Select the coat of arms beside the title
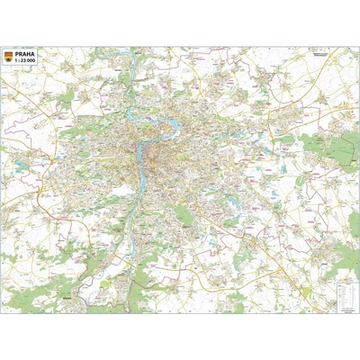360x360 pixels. pos(9,56)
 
